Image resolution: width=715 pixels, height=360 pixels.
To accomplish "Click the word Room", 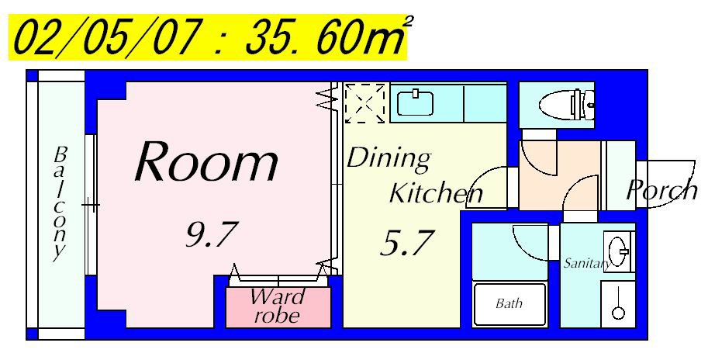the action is coord(206,161).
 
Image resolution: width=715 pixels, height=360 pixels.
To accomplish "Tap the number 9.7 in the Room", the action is coord(212,234).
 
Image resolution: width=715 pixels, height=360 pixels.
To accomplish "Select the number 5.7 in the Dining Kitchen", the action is coord(406,243).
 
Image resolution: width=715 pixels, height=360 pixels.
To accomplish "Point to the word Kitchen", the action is coord(436,193).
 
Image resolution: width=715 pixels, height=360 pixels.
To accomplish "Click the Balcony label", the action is coord(60,203).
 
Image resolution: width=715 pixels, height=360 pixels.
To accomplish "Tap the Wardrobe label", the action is coord(278,306).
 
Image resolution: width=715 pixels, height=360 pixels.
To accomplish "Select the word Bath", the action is coord(509,303).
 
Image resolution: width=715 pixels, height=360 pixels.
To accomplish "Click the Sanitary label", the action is coord(587,263).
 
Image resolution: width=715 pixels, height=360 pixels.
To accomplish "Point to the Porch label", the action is coord(661,190).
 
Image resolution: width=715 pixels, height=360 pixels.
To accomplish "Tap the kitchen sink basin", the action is coord(415,103).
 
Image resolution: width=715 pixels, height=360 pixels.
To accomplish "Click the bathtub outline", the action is coord(509,304).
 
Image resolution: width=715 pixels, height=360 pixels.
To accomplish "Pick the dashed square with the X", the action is coord(364,103).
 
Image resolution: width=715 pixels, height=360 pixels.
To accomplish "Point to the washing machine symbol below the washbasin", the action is coord(618,304).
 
